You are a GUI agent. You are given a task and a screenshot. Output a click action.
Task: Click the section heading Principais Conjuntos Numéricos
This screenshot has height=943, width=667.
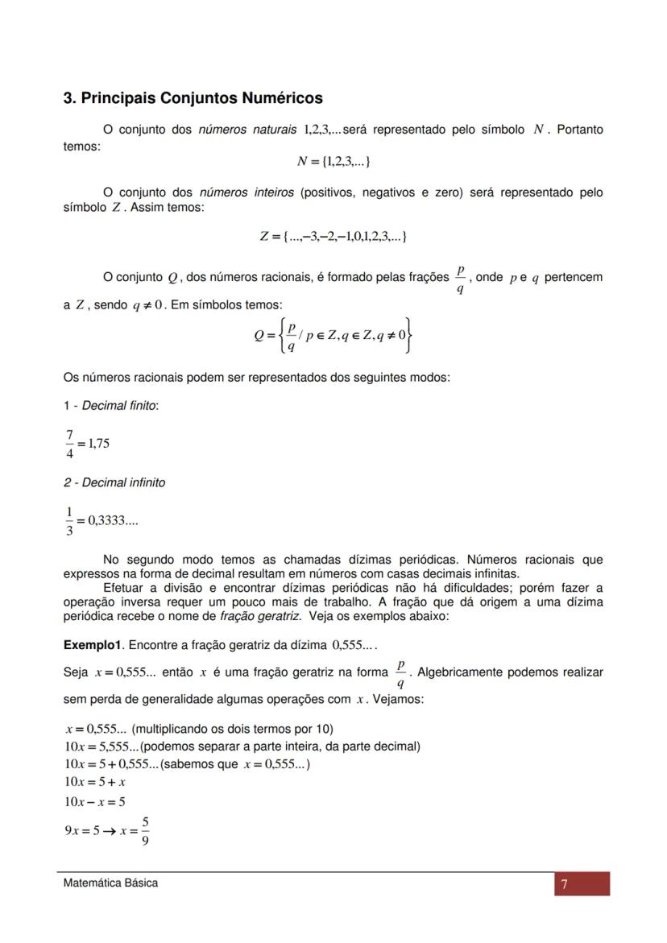point(193,98)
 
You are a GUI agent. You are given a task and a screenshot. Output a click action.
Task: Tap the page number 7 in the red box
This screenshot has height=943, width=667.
point(565,885)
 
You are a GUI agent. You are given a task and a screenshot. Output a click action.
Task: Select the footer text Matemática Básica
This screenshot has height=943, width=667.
point(111,883)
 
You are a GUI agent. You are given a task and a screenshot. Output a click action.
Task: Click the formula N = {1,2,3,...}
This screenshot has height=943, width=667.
point(333,162)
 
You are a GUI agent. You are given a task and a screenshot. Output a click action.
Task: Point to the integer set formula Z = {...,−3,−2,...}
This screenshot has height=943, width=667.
point(333,236)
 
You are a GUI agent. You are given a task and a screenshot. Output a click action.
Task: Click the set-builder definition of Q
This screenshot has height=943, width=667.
point(333,335)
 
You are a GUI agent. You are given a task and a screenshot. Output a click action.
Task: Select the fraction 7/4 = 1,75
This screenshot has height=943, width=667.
point(87,443)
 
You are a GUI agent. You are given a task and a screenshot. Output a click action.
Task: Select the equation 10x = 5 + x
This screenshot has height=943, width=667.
point(95,782)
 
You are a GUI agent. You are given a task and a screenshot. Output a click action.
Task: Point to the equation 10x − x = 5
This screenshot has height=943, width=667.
point(95,801)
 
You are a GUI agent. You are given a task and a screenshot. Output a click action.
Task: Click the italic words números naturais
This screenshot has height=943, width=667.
point(246,130)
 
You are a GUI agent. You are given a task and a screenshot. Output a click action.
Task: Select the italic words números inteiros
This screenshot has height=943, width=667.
point(246,192)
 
